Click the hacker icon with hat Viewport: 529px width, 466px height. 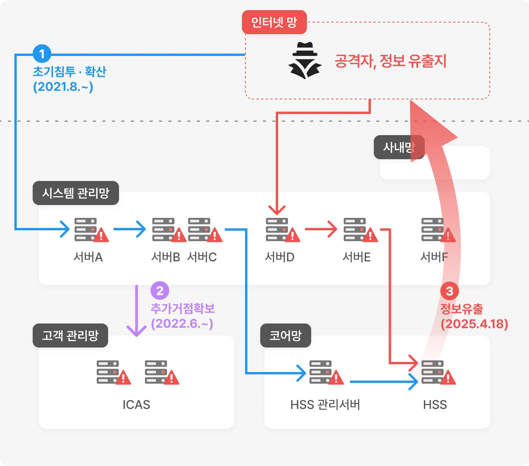pyautogui.click(x=305, y=61)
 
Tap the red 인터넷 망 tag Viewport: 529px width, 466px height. pyautogui.click(x=274, y=23)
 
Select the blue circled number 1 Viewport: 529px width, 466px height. pyautogui.click(x=42, y=54)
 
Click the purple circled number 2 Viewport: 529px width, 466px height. pyautogui.click(x=159, y=290)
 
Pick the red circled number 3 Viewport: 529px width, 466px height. pyautogui.click(x=449, y=291)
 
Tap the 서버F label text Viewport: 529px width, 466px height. pyautogui.click(x=434, y=257)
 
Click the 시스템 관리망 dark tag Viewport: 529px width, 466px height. pyautogui.click(x=76, y=193)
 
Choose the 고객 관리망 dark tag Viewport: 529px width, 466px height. pyautogui.click(x=70, y=336)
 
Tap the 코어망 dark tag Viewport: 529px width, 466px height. pyautogui.click(x=286, y=336)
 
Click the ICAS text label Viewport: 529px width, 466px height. pyautogui.click(x=136, y=405)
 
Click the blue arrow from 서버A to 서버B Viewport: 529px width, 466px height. pyautogui.click(x=130, y=229)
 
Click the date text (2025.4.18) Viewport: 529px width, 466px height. pyautogui.click(x=474, y=324)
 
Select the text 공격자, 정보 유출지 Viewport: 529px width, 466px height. pyautogui.click(x=391, y=61)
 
